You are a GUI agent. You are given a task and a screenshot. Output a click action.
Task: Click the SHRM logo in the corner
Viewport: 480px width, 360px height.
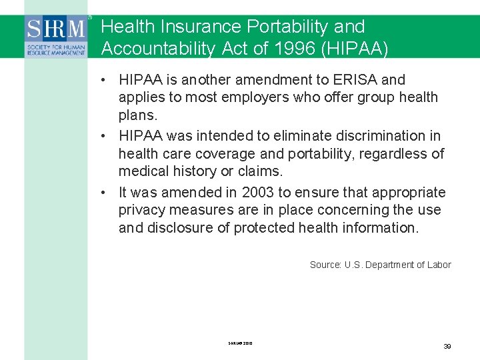tap(56, 36)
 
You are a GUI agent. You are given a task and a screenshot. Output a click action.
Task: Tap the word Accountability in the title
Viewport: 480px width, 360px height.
tap(158, 49)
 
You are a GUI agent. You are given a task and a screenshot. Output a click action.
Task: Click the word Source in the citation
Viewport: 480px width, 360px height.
tap(325, 265)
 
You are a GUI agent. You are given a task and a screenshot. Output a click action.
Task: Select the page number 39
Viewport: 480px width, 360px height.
tap(447, 346)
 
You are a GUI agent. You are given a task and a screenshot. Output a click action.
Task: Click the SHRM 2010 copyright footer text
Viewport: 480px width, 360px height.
tap(239, 343)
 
